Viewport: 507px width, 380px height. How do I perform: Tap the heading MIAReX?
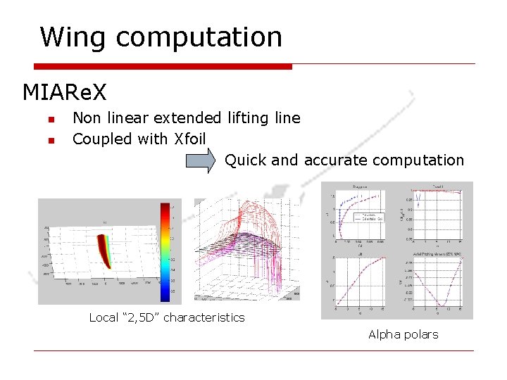[x=65, y=92]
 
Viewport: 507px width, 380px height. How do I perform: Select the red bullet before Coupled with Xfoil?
[x=50, y=141]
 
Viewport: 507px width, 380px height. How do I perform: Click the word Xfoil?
[x=189, y=139]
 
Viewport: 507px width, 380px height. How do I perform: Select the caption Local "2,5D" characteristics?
[x=167, y=317]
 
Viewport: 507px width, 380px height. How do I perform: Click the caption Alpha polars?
[x=403, y=334]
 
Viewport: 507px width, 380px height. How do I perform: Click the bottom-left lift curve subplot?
[x=361, y=281]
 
